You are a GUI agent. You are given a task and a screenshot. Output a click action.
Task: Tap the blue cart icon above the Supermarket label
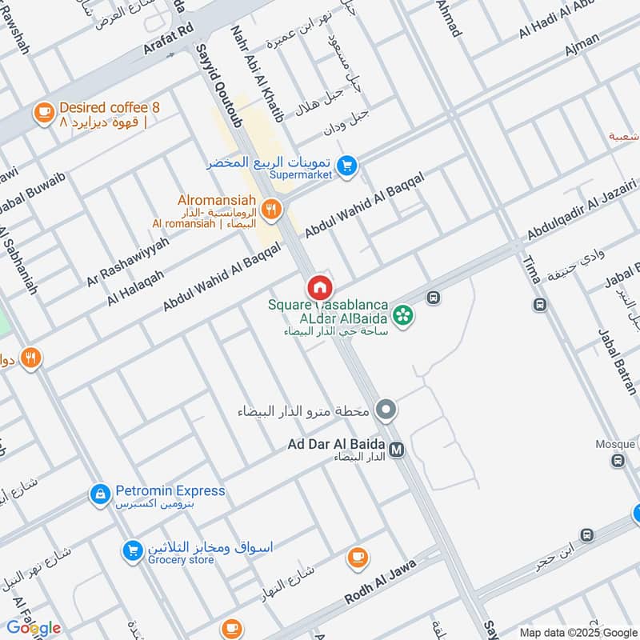(346, 166)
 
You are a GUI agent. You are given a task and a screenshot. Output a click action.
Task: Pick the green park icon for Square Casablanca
(404, 314)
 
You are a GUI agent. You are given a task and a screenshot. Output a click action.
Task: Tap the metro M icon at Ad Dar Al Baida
(397, 450)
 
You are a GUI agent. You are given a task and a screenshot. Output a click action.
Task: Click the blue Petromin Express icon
(100, 497)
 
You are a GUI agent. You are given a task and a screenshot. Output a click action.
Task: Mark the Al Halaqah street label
(135, 287)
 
